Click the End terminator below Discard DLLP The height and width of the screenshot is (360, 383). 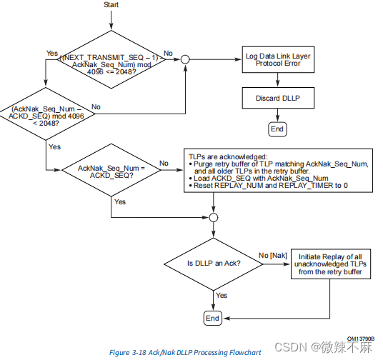277,129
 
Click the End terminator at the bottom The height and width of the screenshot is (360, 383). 212,317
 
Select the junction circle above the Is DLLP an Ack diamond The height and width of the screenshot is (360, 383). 212,217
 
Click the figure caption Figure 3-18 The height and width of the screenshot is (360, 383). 184,352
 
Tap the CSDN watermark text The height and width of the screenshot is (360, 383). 334,346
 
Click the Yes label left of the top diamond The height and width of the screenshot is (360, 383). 51,53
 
